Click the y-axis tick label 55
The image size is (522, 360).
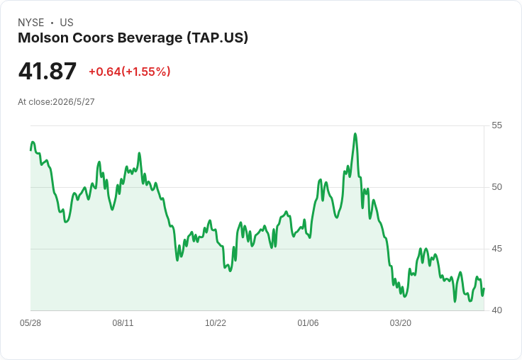(496, 125)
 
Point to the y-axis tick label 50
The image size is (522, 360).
(496, 187)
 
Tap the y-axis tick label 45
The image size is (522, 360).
(496, 249)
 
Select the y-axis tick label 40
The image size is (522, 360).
(496, 310)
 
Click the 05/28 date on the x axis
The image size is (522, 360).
(30, 323)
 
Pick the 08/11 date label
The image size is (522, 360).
(123, 323)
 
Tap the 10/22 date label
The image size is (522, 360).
(216, 323)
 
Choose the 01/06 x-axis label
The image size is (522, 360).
(308, 323)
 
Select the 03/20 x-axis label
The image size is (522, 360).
(401, 323)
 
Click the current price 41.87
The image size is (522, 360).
(48, 71)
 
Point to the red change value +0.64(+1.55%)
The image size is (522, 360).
(130, 72)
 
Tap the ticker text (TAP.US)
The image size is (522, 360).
(218, 38)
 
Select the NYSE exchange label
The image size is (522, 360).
(31, 23)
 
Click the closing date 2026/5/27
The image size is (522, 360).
(74, 102)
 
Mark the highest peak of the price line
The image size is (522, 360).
(355, 134)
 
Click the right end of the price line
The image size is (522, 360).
(484, 288)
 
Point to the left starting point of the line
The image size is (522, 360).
(30, 150)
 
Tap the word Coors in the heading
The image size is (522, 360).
(93, 38)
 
